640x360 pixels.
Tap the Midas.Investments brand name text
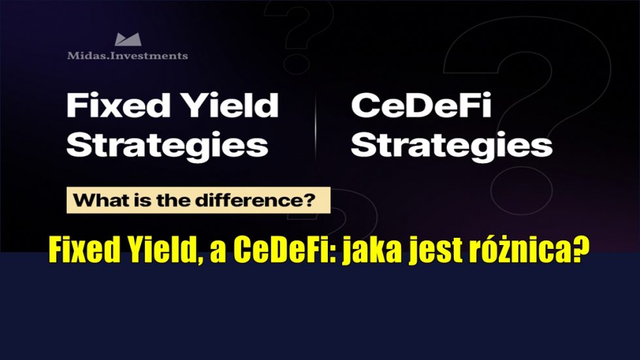click(x=127, y=56)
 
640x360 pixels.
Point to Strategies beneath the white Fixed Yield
click(x=167, y=145)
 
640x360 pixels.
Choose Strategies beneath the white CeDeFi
click(x=452, y=145)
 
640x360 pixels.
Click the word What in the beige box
click(x=100, y=201)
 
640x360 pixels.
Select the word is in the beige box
click(x=142, y=201)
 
